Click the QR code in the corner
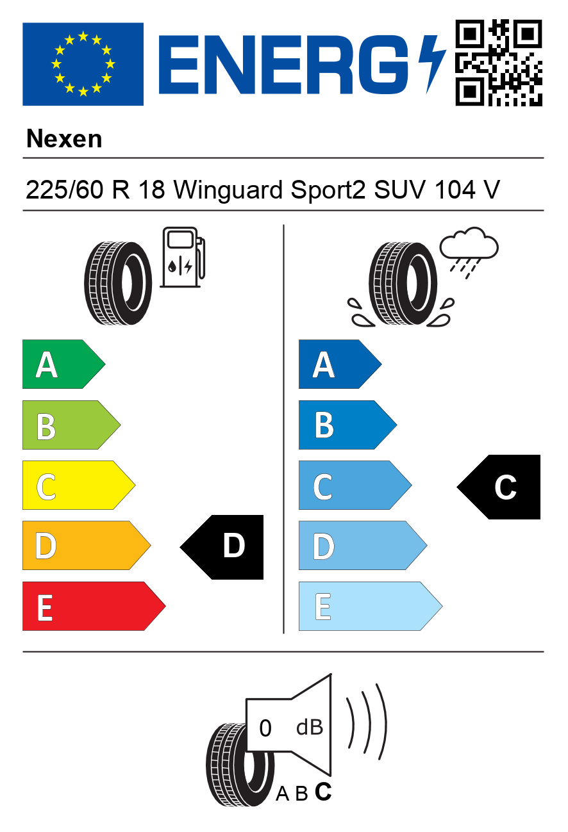[x=499, y=63]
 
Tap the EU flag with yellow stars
[x=83, y=64]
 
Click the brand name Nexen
[x=64, y=138]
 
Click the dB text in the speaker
[x=309, y=728]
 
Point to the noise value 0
[x=265, y=728]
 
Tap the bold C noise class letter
[x=324, y=792]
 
